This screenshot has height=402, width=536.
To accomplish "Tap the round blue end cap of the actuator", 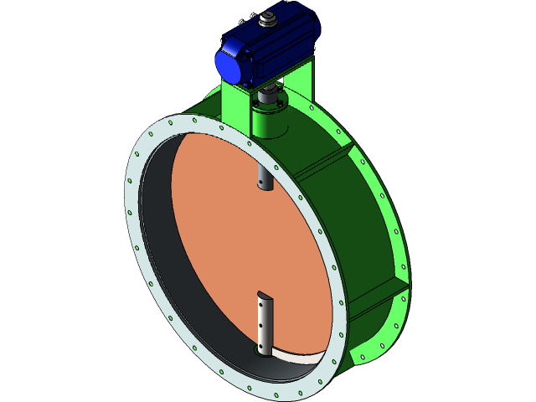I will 229,64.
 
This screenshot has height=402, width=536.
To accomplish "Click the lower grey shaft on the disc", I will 265,322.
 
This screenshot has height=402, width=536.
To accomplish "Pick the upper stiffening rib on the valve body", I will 327,163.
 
